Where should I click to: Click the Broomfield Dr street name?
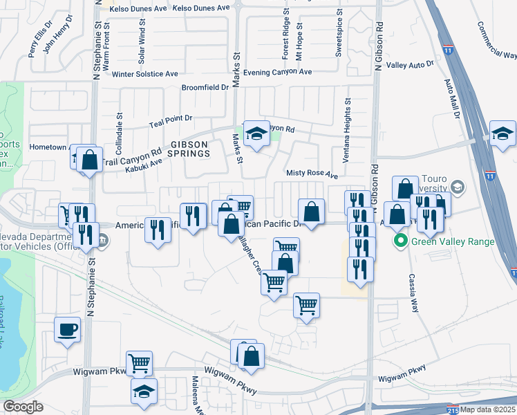(x=205, y=88)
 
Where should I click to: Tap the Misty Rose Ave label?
(x=312, y=175)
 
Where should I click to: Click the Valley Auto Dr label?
(x=410, y=64)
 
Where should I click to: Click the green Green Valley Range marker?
(x=399, y=241)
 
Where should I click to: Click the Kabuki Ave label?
(x=143, y=164)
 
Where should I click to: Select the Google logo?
(x=23, y=407)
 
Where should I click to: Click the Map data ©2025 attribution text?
(x=487, y=409)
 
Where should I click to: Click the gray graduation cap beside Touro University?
(x=457, y=187)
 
